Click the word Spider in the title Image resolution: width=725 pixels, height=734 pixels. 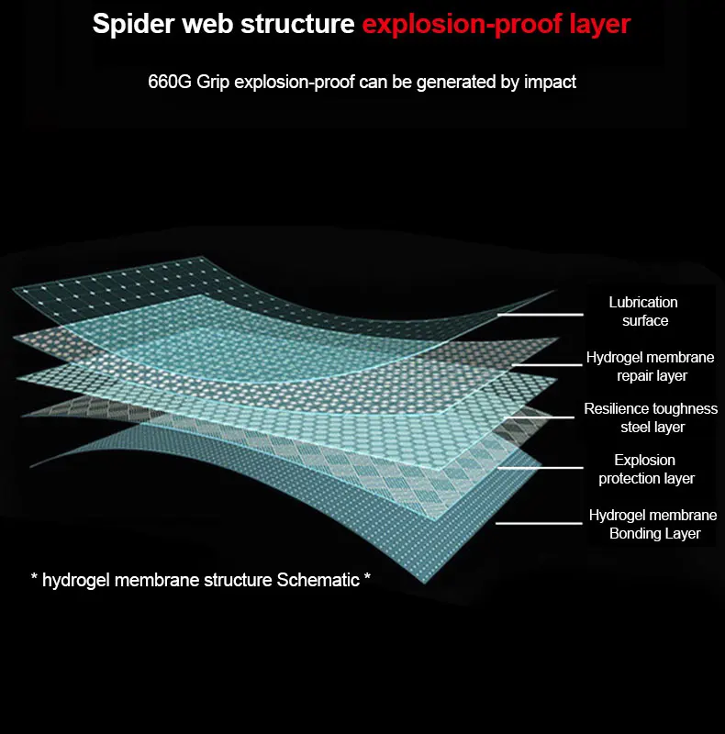(133, 25)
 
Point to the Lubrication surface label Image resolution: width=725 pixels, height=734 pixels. (644, 311)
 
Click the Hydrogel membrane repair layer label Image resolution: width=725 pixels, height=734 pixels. (650, 366)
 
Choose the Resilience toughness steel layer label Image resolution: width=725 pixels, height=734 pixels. (651, 418)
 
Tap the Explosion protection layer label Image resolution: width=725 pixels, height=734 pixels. (646, 469)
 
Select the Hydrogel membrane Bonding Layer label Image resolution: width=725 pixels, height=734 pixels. (652, 524)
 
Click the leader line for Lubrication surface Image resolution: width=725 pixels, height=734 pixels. (540, 315)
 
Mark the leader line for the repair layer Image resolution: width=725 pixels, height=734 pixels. (547, 364)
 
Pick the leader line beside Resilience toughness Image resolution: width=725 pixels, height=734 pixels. (540, 417)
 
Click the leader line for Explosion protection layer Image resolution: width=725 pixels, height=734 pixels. (541, 467)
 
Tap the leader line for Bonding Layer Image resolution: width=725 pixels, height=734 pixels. (539, 523)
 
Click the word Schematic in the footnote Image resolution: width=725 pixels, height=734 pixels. (318, 580)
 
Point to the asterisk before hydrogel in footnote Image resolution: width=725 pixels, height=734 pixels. (34, 577)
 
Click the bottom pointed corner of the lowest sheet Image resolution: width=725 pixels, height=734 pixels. (424, 584)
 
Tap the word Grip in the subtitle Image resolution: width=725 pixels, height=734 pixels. (213, 83)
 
